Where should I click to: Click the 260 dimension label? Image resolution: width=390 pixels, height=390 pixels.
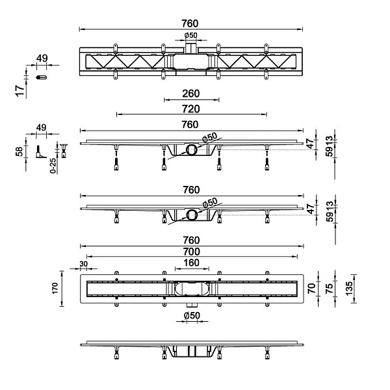coord(190,94)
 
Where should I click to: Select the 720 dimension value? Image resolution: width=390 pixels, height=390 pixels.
coord(190,109)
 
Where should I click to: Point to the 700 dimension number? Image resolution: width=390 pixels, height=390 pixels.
coord(191,252)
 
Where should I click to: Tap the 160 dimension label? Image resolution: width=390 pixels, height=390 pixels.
coord(191,263)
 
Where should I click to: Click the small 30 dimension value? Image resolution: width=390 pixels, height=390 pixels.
coord(84,264)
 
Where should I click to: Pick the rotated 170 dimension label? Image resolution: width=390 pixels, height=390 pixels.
coord(55,288)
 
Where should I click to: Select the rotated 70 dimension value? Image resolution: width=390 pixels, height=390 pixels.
coord(312,288)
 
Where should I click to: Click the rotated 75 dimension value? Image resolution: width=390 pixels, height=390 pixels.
coord(329,288)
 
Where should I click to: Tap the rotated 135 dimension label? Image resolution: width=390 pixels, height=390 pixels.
coord(349,289)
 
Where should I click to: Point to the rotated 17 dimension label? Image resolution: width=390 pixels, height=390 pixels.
coord(20,90)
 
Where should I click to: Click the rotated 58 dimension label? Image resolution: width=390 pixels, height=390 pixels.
coord(19,151)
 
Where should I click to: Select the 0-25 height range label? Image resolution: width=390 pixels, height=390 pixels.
coord(53,166)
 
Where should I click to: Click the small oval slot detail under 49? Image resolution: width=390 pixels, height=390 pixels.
coord(42,77)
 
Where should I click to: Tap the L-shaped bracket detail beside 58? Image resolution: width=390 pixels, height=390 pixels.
coord(40,153)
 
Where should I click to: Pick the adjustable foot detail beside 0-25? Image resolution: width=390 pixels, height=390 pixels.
coord(64,150)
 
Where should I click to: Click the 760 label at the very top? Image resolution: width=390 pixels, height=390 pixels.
coord(190,23)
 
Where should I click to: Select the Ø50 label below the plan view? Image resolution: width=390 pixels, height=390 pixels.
coord(192,315)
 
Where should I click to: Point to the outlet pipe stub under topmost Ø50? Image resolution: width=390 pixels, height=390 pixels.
coord(191,47)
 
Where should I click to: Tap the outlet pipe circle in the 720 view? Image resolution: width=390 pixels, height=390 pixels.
coord(192,149)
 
